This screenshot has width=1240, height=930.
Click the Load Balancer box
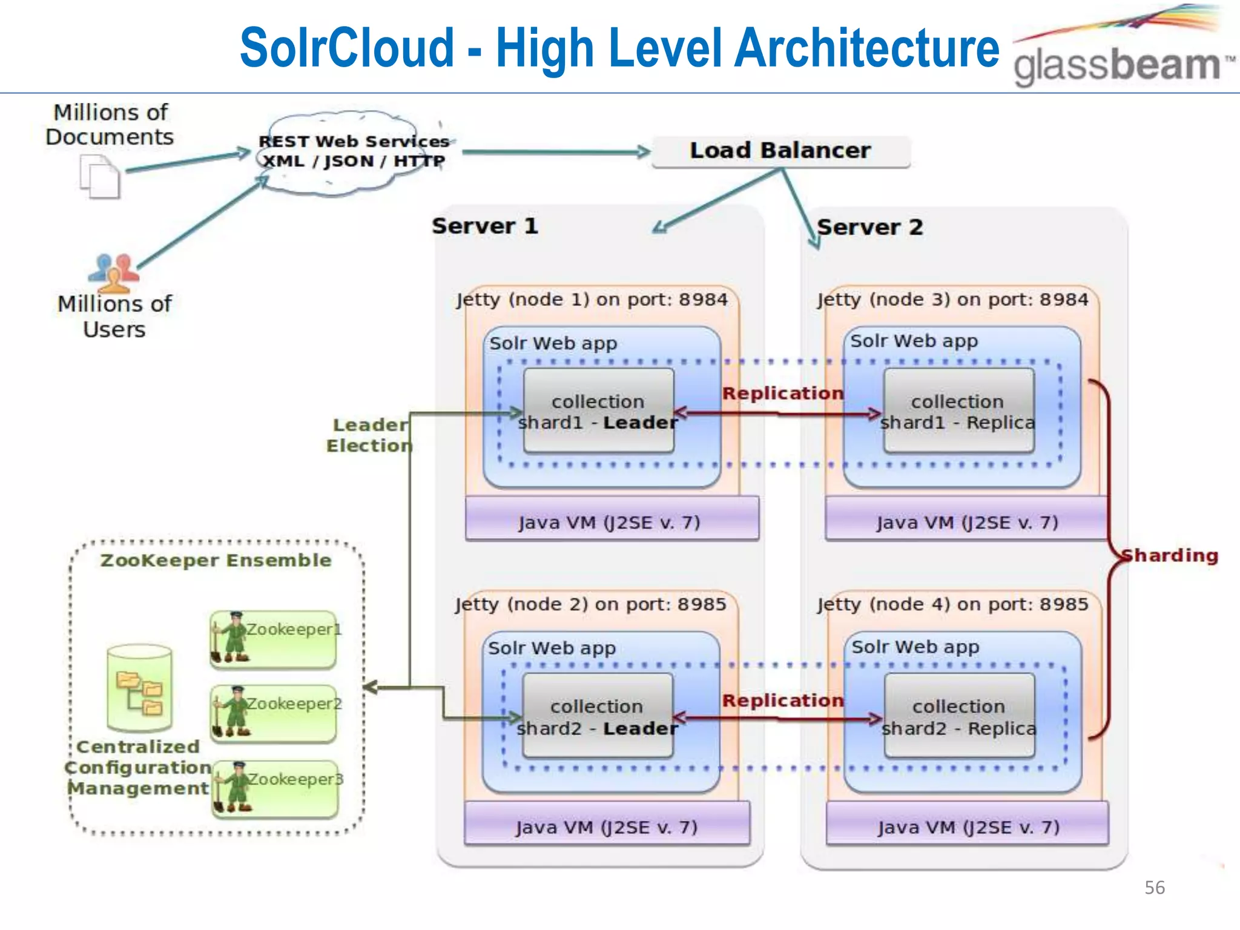tap(780, 151)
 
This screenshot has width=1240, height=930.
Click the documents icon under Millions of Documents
tap(100, 177)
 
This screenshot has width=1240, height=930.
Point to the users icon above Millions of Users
tap(114, 271)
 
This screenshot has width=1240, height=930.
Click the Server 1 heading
tap(484, 226)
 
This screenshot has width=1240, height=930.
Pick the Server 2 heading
tap(869, 228)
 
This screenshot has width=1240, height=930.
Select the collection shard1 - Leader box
tap(598, 411)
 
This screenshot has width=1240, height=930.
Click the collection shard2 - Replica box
tap(959, 716)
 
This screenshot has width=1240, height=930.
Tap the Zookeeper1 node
tap(274, 639)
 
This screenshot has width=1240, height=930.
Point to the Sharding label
tap(1169, 555)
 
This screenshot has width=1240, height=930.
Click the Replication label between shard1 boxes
tap(782, 393)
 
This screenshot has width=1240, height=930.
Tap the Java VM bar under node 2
tap(607, 826)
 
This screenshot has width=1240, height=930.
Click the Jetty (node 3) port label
tap(952, 300)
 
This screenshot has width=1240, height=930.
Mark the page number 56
tap(1154, 888)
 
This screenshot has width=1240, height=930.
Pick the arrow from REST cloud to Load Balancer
tap(554, 151)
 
